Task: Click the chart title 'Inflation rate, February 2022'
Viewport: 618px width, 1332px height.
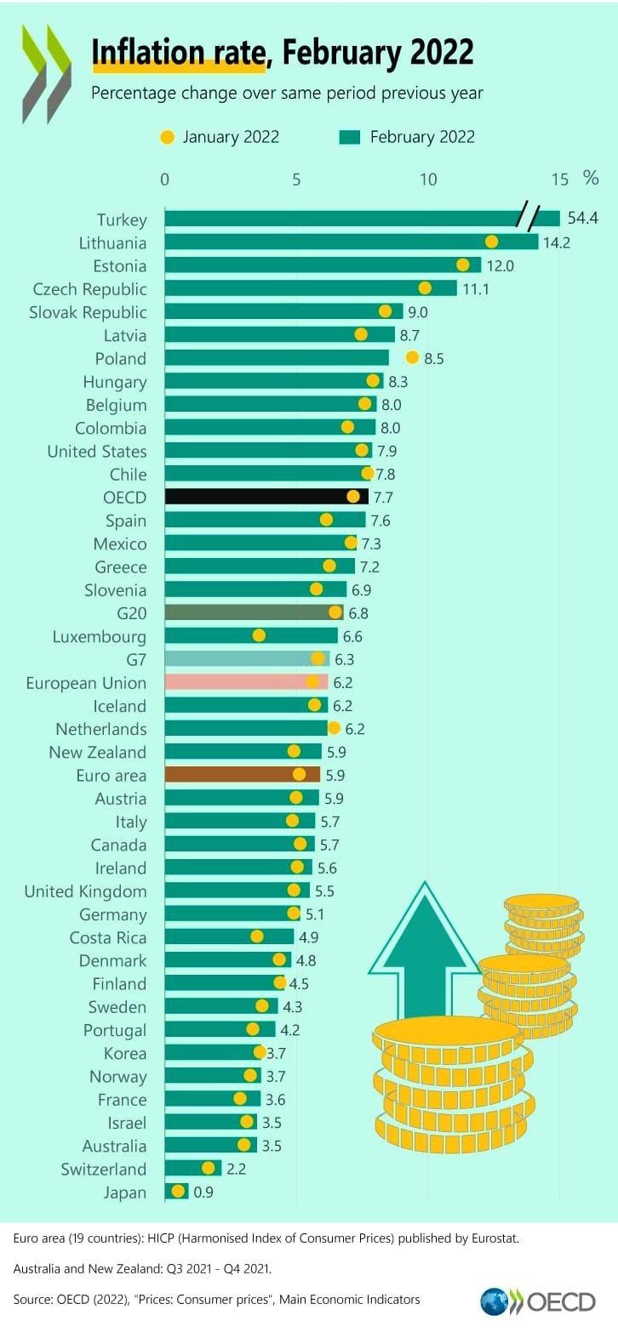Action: [282, 52]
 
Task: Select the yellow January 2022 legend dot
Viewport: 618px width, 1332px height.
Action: [168, 137]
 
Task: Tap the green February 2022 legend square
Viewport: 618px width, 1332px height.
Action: [349, 137]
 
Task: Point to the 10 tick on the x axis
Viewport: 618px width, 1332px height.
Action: [428, 179]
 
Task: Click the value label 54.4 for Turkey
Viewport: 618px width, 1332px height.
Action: [582, 219]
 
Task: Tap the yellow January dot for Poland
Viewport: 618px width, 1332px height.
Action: [413, 357]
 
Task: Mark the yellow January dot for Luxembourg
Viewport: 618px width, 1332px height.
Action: [259, 635]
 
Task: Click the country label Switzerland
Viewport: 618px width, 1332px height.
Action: [103, 1170]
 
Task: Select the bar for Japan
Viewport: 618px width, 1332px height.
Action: [176, 1192]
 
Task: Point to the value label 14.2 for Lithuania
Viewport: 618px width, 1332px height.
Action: [557, 242]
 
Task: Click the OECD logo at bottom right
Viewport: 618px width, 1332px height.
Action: [537, 1302]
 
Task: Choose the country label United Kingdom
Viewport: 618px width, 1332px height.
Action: [85, 891]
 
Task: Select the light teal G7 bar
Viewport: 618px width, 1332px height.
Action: [247, 658]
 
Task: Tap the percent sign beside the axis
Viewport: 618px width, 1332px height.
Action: [591, 178]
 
